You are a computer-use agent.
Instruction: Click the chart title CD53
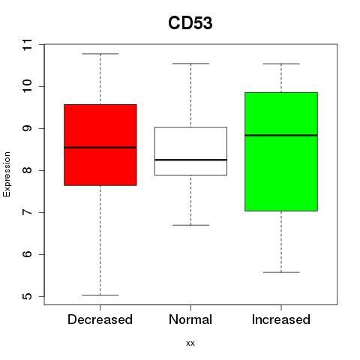[190, 23]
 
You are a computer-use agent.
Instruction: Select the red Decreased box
[100, 145]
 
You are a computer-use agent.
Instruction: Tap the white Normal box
[190, 151]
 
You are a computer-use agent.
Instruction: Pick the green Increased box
[281, 151]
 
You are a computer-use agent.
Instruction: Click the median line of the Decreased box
[100, 148]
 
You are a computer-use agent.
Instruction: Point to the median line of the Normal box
[190, 160]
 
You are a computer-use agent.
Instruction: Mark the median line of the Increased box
[281, 135]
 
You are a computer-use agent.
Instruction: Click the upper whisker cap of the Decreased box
[100, 54]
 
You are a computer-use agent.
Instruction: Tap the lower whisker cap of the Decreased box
[100, 295]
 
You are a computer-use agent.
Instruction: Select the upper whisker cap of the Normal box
[190, 64]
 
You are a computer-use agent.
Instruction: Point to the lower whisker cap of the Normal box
[190, 225]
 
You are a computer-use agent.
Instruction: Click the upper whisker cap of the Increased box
[281, 64]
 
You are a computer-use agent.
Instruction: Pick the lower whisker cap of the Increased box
[281, 272]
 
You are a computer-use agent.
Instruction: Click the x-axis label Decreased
[100, 319]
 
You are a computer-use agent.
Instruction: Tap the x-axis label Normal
[190, 319]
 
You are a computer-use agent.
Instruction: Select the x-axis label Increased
[281, 319]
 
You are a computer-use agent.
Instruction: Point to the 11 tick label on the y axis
[28, 44]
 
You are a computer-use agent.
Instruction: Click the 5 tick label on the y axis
[28, 296]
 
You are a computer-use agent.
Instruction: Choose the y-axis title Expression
[7, 174]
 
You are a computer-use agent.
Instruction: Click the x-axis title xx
[190, 343]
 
